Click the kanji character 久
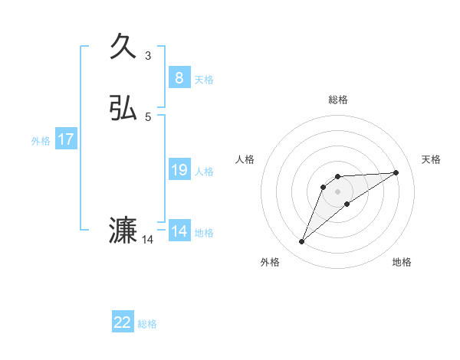[x=123, y=47]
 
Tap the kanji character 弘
[x=123, y=110]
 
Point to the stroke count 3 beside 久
[x=148, y=55]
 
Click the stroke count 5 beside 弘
[x=148, y=116]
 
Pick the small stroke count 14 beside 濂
[x=148, y=240]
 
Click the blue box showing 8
[x=179, y=77]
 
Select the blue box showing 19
[x=179, y=170]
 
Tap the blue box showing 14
[x=179, y=231]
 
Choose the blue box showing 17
[x=65, y=139]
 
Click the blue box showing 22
[x=123, y=322]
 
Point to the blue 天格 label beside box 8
[x=204, y=80]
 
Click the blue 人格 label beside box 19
[x=204, y=172]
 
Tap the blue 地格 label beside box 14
[x=204, y=233]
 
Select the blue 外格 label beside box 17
[x=41, y=141]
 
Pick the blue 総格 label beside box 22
[x=147, y=324]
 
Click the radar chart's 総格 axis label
[x=338, y=100]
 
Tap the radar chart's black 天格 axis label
[x=432, y=159]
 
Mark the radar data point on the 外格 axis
[x=302, y=242]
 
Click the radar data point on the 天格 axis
[x=396, y=172]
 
